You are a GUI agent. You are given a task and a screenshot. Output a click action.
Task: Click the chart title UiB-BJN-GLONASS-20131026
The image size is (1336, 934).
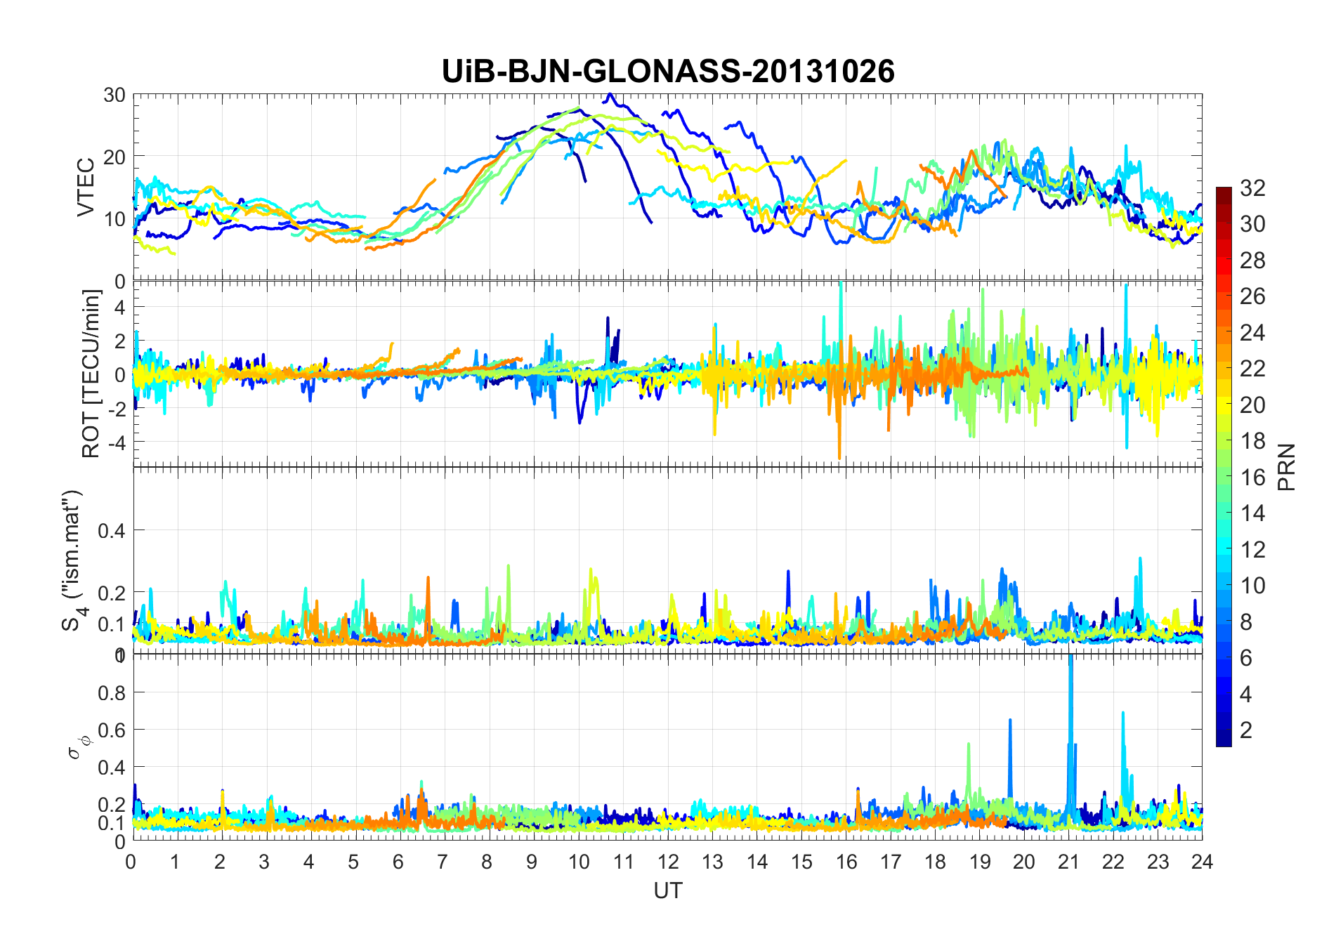(668, 72)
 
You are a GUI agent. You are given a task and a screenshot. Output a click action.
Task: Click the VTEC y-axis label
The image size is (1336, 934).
(86, 188)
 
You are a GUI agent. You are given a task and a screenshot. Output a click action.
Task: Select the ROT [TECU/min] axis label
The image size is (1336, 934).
(91, 374)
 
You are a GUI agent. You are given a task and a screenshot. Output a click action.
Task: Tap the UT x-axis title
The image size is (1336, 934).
(667, 890)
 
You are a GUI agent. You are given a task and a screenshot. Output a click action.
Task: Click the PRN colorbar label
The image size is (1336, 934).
(1286, 467)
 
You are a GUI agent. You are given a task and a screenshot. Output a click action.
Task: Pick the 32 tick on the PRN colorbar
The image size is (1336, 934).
(1252, 188)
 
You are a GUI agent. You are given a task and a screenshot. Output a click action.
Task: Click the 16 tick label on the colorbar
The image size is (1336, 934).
(1252, 478)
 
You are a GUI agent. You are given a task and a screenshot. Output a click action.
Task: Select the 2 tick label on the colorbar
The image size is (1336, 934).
(1246, 730)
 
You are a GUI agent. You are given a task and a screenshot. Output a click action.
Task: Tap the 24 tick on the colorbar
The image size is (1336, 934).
(1252, 332)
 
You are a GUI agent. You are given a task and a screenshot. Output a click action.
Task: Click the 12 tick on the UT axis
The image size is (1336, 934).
(668, 862)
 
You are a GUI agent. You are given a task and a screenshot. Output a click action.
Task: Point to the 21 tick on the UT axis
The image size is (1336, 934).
(1068, 862)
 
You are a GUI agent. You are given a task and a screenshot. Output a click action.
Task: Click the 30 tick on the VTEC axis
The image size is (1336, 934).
(114, 96)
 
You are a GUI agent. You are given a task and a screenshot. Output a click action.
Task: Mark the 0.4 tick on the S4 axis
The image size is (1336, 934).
(112, 531)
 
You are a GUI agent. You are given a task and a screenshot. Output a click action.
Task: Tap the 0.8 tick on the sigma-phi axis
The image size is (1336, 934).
(112, 692)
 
